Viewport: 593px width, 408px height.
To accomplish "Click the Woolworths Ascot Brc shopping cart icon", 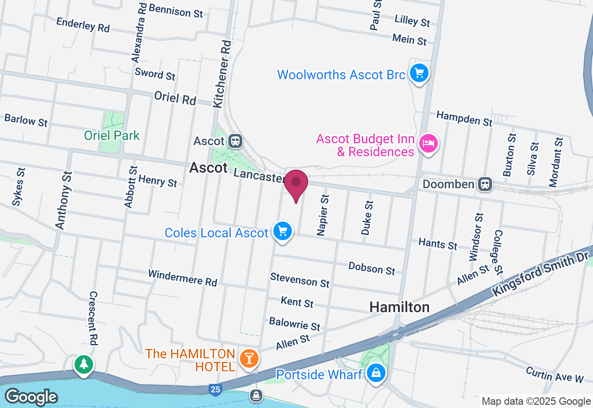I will point(419,73).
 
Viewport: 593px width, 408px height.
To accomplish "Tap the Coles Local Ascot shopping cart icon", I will point(283,230).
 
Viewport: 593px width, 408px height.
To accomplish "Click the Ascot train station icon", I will point(236,141).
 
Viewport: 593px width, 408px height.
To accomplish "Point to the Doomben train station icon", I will point(485,184).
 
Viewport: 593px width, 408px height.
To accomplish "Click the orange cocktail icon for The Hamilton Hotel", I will point(249,358).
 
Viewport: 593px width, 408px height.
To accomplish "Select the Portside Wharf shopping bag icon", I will point(376,372).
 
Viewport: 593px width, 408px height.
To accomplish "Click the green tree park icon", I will point(84,364).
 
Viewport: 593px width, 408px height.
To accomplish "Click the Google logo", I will point(31,397).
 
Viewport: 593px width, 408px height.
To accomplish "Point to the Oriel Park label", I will point(112,135).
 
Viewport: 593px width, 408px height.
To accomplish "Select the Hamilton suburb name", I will point(399,307).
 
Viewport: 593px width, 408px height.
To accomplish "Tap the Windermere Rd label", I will point(183,277).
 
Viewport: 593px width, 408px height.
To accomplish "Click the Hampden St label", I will point(464,118).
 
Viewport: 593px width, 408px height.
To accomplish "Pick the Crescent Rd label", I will point(93,318).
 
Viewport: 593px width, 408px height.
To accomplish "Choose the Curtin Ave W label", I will point(555,375).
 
